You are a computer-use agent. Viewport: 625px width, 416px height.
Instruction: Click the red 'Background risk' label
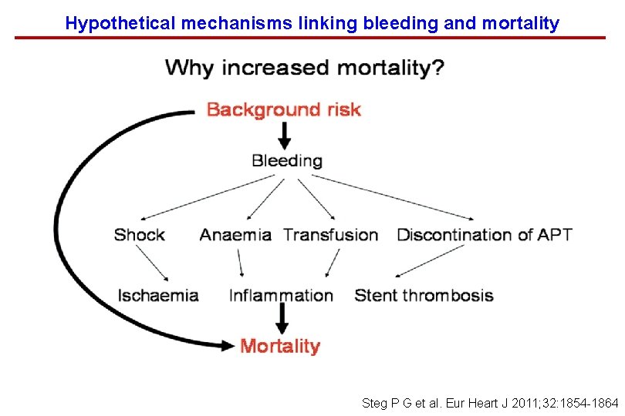click(283, 109)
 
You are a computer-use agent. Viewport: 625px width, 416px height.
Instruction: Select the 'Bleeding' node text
click(286, 161)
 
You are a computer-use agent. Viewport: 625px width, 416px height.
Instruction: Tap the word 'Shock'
click(139, 235)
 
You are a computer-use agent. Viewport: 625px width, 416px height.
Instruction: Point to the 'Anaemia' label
click(235, 235)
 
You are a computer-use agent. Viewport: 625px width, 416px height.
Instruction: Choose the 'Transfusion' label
click(330, 235)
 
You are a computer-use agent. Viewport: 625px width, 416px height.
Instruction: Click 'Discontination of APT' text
click(484, 235)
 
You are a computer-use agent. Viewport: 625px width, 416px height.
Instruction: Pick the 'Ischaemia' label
click(157, 295)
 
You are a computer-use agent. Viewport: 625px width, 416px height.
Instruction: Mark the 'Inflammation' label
click(281, 295)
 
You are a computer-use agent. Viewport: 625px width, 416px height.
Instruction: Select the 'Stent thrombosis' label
click(424, 295)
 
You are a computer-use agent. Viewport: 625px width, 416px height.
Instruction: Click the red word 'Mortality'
click(279, 346)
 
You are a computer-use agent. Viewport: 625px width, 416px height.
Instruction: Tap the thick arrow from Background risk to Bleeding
click(285, 136)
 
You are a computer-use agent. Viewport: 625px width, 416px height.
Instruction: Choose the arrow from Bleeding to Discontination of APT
click(392, 197)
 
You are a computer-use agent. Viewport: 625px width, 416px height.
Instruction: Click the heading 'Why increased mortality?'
click(304, 68)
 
